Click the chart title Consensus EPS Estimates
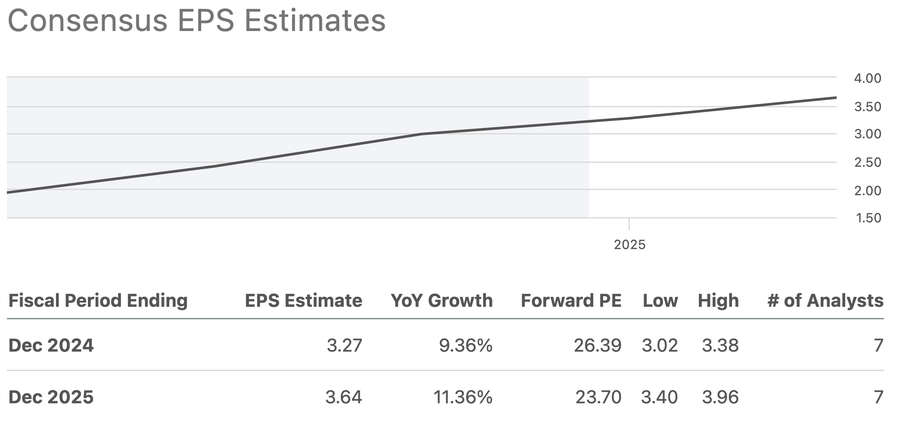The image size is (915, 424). point(196,21)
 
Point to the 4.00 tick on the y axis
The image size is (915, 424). point(868,78)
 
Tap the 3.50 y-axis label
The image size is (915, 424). point(868,107)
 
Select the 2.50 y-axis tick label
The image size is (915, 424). point(868,162)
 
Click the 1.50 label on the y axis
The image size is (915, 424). point(868,218)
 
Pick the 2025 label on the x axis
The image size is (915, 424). point(629,245)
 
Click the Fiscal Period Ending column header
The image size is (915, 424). point(98,301)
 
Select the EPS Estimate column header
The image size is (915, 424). point(303,301)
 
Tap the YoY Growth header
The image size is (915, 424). point(442,301)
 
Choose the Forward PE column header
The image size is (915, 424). point(571,301)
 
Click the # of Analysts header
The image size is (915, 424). point(825,301)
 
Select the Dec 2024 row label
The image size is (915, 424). point(51,346)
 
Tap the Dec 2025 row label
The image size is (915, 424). point(51,397)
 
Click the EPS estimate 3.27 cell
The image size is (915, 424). point(344,346)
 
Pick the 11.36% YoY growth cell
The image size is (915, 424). point(463,397)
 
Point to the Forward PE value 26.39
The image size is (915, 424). point(598,346)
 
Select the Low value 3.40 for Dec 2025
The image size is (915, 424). point(659,397)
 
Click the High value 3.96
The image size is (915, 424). point(720,397)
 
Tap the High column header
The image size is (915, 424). point(718,301)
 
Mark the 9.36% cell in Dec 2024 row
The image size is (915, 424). point(465,346)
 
